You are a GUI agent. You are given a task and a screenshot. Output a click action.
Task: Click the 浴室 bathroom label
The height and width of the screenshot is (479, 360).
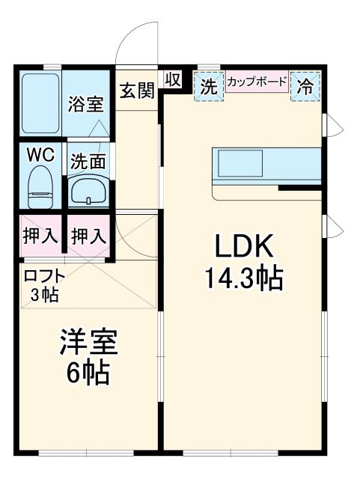tap(86, 104)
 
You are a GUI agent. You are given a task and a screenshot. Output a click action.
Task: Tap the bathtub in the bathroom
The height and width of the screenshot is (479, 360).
tap(40, 102)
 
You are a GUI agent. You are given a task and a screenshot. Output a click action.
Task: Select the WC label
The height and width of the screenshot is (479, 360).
tap(40, 155)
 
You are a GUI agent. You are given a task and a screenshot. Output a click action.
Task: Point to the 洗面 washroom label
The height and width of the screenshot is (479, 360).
tap(88, 161)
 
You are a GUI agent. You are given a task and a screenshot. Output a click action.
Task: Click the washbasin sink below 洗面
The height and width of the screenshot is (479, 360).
tap(89, 192)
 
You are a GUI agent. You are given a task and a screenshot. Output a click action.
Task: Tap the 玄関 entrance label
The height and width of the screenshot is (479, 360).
tap(138, 91)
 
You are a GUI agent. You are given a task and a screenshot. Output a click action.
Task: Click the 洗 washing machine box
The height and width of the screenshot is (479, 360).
tap(209, 85)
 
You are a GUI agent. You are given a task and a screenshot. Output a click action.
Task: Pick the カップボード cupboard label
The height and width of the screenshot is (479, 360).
tap(257, 81)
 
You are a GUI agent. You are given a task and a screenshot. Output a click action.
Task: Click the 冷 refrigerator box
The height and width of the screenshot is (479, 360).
tap(307, 85)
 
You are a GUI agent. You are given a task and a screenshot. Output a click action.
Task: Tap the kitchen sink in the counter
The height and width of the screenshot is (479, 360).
tap(240, 162)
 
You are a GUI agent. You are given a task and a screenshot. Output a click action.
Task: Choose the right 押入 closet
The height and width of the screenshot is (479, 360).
tap(88, 237)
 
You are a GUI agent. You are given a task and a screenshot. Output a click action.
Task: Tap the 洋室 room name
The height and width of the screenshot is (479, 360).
tap(88, 343)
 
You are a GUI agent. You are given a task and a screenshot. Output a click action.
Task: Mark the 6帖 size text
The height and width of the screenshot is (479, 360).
tap(88, 372)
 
